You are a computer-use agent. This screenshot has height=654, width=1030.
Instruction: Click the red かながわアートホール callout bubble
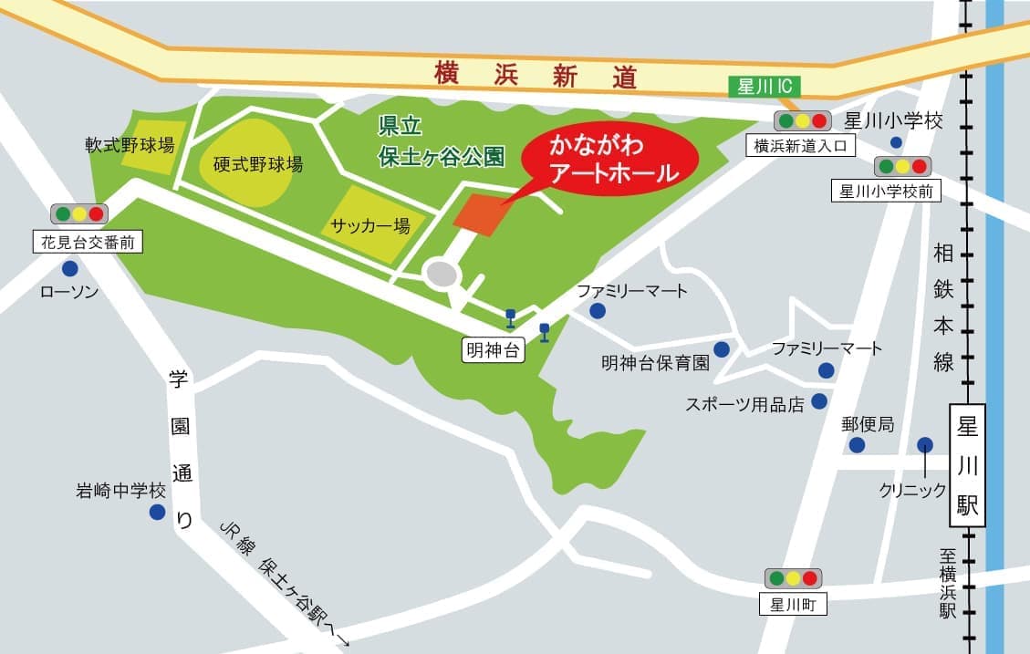point(609,159)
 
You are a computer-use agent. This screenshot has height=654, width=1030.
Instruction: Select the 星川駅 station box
point(968,465)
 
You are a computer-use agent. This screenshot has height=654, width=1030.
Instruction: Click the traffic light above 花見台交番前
point(79,214)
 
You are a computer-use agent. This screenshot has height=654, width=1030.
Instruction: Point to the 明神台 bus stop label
point(494,350)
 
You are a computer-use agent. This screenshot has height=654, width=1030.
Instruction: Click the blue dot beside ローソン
point(70,269)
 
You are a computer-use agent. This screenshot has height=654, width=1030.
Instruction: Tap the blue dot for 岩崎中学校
point(157,512)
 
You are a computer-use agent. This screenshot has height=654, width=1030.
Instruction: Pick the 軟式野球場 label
point(130,145)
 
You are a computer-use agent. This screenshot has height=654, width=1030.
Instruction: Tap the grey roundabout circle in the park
point(442,274)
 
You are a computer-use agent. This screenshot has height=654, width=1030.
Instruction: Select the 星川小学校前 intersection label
point(884,191)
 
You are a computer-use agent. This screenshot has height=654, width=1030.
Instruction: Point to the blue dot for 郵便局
point(857,444)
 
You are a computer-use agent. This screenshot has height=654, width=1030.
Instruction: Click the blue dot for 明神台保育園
point(722,348)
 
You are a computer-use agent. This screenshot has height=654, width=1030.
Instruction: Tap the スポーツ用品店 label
point(744,404)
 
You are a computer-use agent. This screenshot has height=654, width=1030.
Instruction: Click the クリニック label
point(913,490)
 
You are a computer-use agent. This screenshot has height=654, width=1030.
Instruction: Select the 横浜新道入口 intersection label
point(801,145)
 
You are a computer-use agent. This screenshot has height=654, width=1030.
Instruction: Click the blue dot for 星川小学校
point(896,142)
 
